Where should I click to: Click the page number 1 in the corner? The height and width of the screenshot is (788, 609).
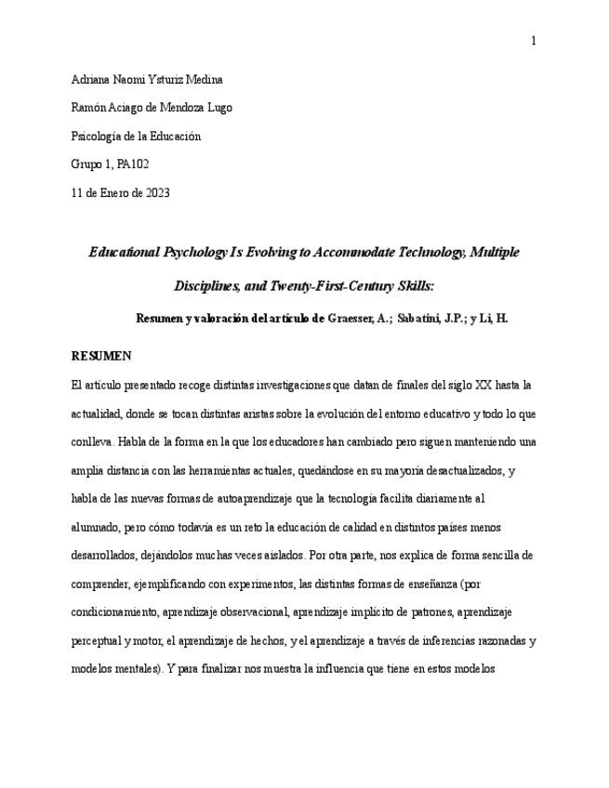(534, 40)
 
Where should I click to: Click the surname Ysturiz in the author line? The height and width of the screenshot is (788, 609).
(176, 79)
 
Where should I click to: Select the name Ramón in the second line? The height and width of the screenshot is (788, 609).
(87, 108)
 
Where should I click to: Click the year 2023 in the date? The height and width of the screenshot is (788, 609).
(156, 193)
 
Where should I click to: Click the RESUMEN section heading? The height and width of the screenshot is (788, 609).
(101, 356)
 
